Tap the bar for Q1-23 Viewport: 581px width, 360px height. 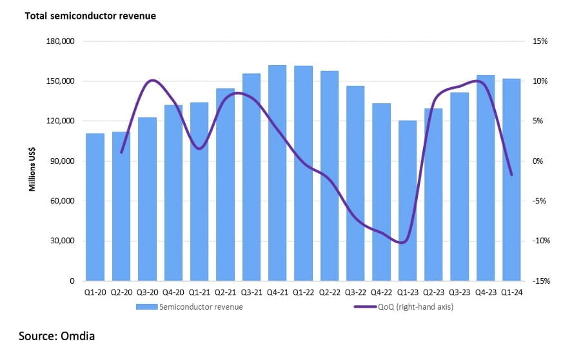[x=408, y=201]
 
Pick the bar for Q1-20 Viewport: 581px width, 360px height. [x=95, y=207]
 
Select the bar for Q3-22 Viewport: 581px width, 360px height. [x=355, y=183]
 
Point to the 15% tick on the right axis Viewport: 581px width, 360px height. [x=540, y=41]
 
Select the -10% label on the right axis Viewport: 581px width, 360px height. [x=540, y=241]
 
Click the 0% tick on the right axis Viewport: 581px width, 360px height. [x=538, y=161]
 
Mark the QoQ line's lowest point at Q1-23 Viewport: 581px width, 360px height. [x=403, y=243]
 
